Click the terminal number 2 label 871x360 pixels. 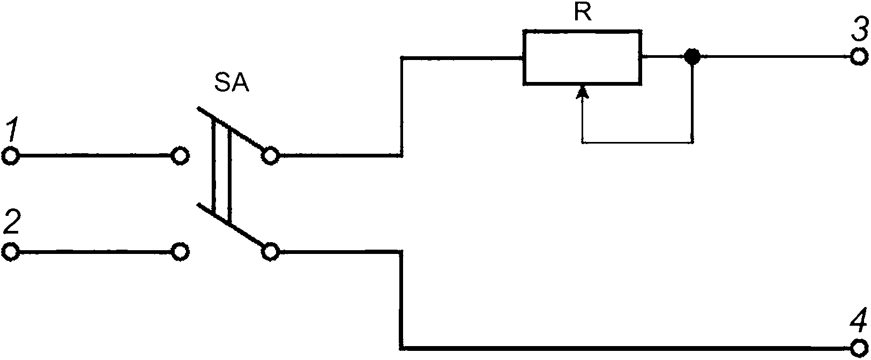click(x=11, y=222)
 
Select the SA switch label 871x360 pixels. click(x=232, y=83)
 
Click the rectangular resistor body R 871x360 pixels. click(x=582, y=57)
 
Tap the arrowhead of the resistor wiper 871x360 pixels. click(x=582, y=92)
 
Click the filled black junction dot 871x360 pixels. click(x=692, y=57)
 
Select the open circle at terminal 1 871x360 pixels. click(x=11, y=156)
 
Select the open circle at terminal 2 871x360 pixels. click(x=11, y=252)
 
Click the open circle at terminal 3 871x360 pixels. click(x=859, y=57)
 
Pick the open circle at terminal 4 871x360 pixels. click(x=859, y=348)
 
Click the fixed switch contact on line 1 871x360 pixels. click(x=180, y=156)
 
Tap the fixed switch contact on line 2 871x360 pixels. click(x=180, y=252)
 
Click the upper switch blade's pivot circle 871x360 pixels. click(x=270, y=156)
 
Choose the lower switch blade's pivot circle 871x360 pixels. click(x=270, y=252)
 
